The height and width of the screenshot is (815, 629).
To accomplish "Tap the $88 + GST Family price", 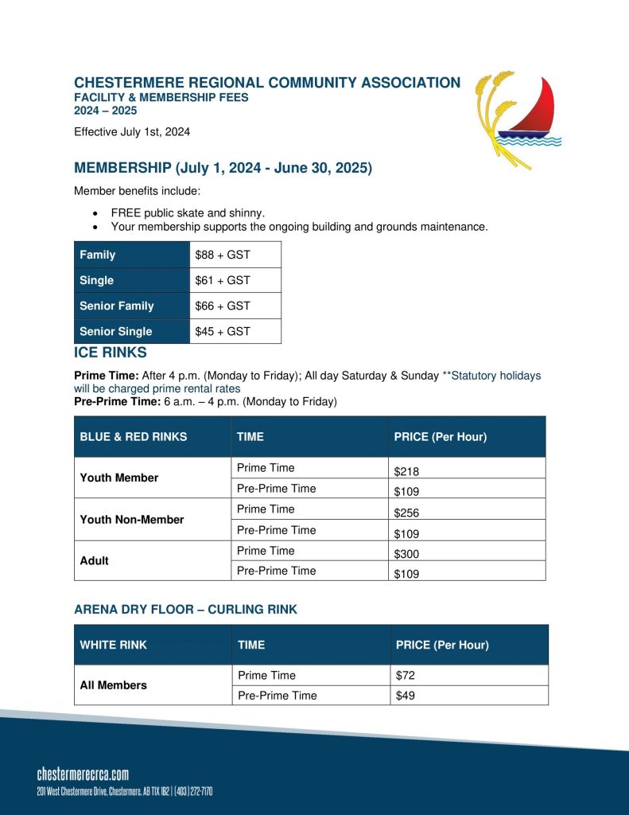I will [223, 255].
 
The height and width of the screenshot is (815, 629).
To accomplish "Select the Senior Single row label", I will [116, 331].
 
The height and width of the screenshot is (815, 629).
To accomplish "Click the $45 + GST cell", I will [223, 331].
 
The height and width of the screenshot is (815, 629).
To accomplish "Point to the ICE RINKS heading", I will [111, 352].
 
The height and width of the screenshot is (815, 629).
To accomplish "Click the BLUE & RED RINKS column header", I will [134, 437].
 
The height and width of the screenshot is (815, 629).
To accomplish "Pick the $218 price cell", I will [406, 471].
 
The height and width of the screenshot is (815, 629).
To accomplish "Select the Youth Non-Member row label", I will [132, 520].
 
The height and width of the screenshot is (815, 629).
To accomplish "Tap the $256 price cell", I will [406, 513].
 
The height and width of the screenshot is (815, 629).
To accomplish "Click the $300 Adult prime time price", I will [406, 554].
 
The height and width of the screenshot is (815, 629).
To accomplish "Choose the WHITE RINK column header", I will [114, 645].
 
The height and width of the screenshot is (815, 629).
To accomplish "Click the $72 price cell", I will [406, 676].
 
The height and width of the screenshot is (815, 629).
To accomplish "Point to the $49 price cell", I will [406, 696].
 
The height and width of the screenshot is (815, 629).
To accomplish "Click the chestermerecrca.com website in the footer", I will [83, 774].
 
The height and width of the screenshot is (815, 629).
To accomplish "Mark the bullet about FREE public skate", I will [188, 213].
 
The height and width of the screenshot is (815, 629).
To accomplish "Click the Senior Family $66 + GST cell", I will [223, 306].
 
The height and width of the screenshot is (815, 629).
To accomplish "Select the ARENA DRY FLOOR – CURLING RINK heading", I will [185, 610].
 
